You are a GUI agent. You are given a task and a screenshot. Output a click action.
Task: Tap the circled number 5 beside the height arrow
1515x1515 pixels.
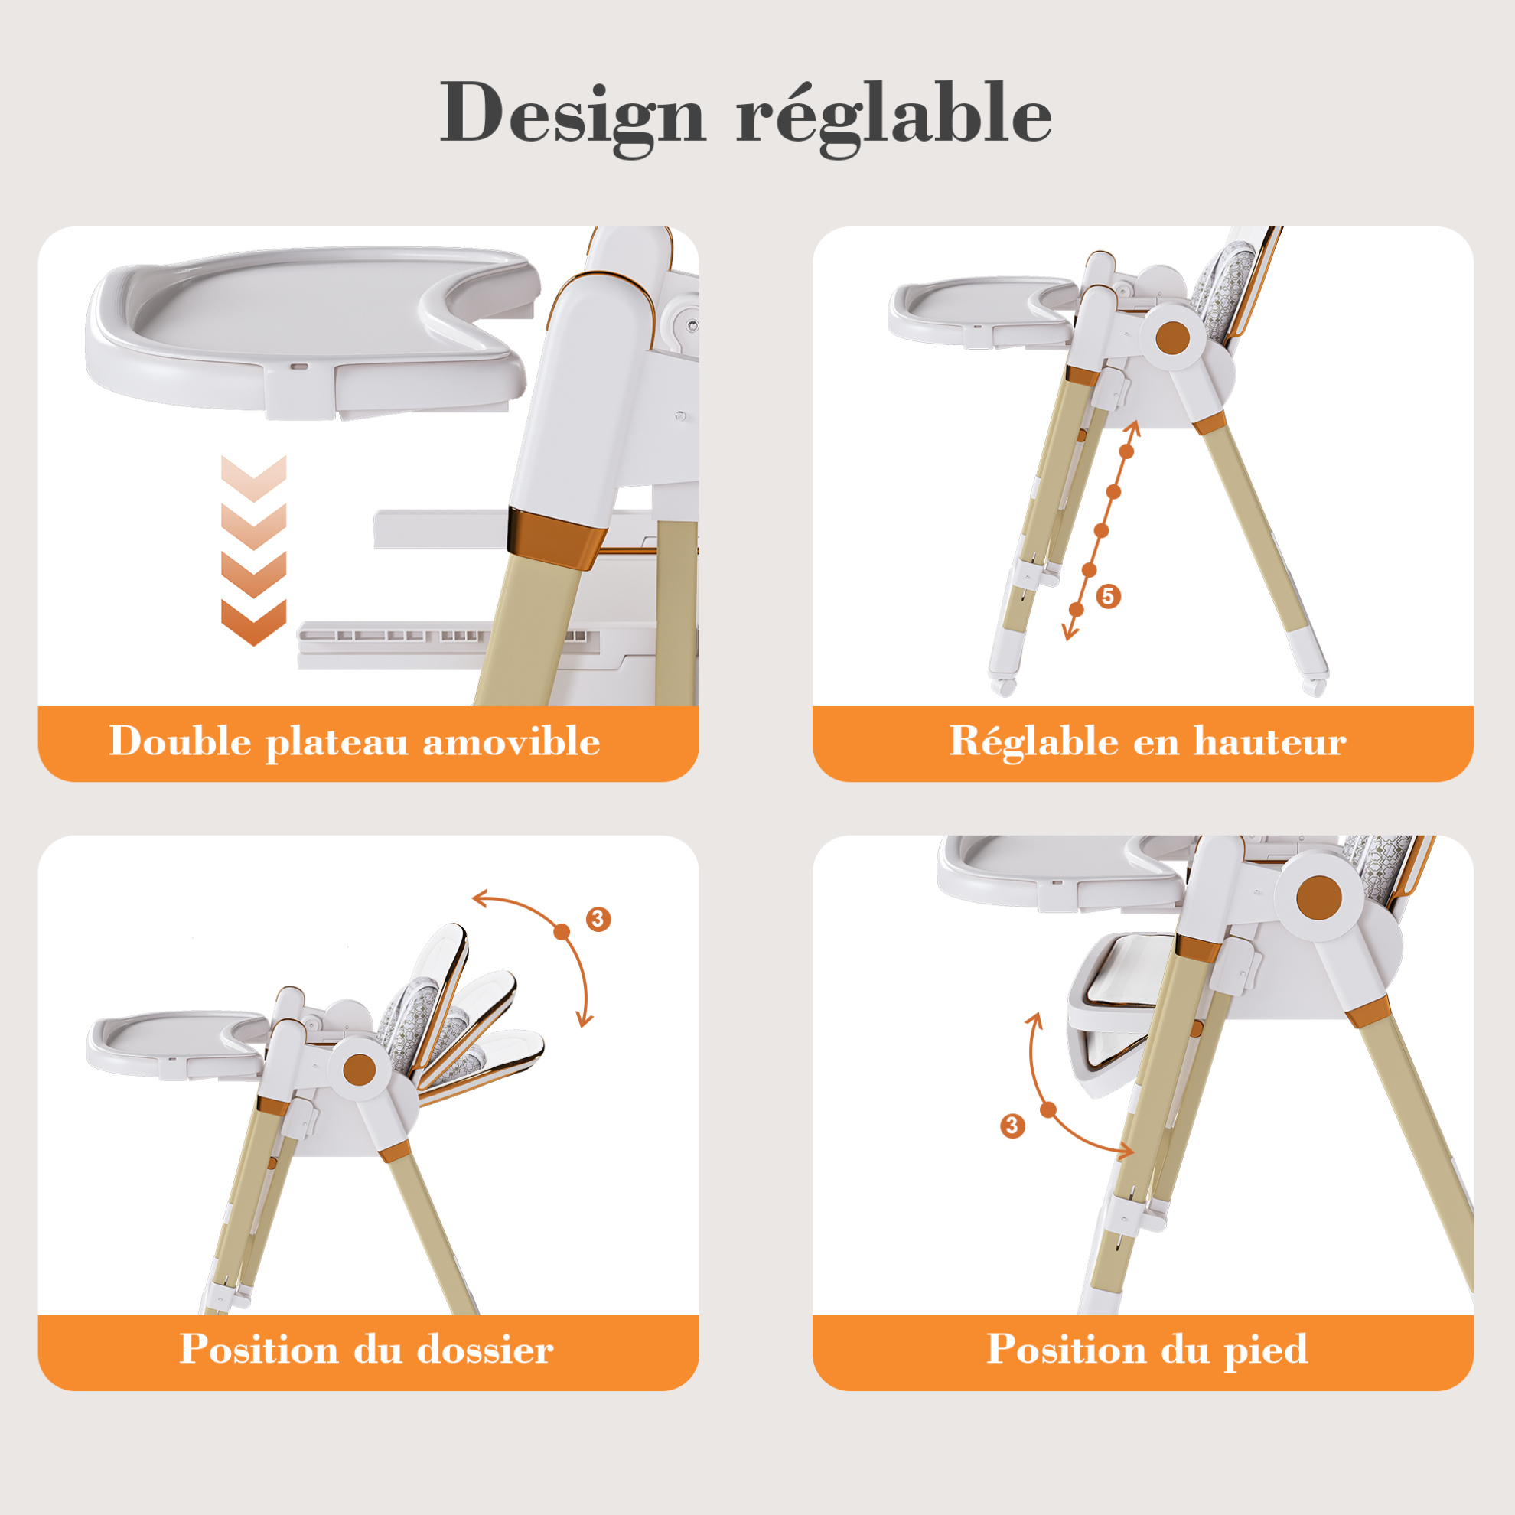(1108, 596)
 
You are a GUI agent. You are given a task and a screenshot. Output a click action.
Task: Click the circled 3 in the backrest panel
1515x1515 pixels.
(599, 918)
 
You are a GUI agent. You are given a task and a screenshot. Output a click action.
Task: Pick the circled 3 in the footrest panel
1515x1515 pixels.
(1012, 1126)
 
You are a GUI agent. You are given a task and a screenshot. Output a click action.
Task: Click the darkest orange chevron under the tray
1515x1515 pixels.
(253, 623)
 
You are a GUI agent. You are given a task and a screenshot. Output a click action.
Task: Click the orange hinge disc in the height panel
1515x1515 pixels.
(1173, 339)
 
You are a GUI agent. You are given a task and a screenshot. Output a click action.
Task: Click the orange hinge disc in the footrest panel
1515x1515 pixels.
(1319, 898)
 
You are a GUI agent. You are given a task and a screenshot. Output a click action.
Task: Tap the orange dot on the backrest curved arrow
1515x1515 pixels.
(562, 932)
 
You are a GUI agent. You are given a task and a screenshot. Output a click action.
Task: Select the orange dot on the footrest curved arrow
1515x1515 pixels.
(1048, 1109)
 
